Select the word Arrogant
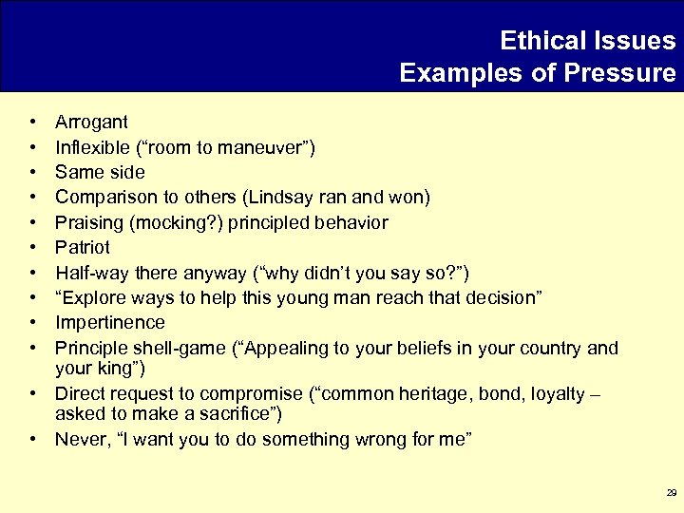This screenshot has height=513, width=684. click(91, 123)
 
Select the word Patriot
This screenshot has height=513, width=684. click(83, 247)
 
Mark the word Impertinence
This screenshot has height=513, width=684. click(110, 323)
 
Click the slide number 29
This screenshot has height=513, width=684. click(671, 493)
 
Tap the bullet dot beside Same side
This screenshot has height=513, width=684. click(33, 173)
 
